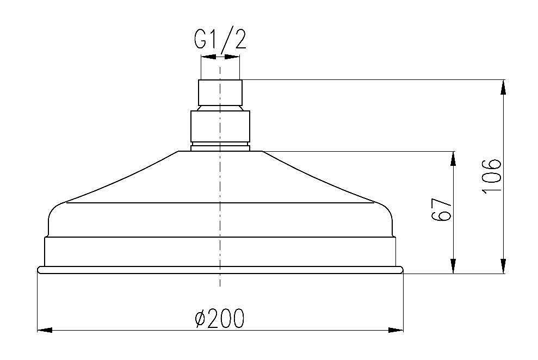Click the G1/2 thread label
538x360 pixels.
click(220, 40)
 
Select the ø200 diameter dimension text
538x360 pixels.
click(219, 318)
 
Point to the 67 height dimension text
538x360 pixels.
click(442, 209)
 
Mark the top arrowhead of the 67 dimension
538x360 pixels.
click(453, 158)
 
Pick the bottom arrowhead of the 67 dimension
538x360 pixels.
click(453, 266)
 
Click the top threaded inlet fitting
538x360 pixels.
click(220, 92)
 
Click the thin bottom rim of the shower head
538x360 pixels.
click(220, 270)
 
